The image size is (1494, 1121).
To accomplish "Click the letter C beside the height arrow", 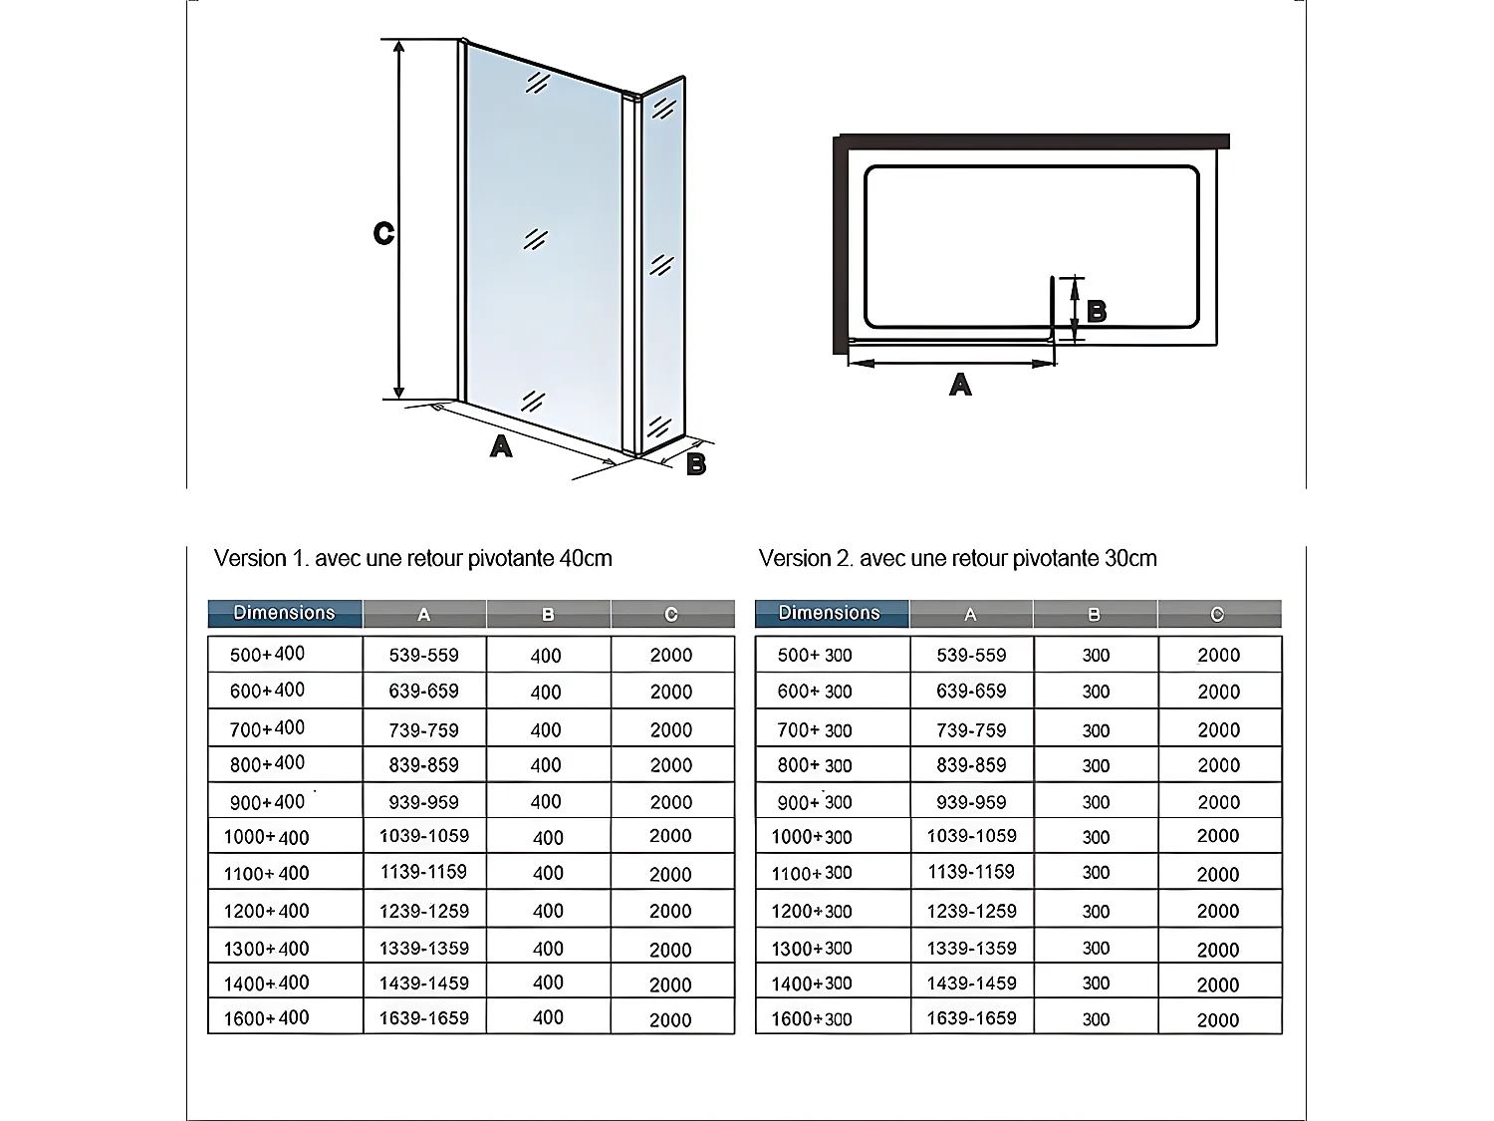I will coord(383,233).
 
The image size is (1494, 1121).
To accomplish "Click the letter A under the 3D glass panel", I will coord(501,445).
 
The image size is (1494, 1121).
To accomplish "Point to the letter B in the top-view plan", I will coord(1097,312).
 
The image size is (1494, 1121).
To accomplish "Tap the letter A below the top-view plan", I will coord(960,385).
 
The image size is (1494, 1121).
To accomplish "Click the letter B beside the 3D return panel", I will coord(696,463).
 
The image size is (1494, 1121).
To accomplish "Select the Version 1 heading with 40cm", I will coord(412,558).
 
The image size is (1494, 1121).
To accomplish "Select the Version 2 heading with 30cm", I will coord(957,558).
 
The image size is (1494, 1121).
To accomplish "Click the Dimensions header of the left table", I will coord(285,613).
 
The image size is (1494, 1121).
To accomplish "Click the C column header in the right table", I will coord(1217,615).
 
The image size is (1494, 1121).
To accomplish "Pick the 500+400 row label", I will coord(267,655).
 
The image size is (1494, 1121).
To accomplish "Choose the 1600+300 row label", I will coord(812,1018).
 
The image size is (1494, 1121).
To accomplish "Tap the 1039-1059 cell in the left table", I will coord(424,836).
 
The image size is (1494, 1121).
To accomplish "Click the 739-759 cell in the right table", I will coord(971,729).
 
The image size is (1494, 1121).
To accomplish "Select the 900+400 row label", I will coord(267,802).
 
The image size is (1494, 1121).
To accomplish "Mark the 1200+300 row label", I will coord(812,911).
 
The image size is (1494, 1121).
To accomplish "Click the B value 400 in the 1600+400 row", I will coord(548,1017).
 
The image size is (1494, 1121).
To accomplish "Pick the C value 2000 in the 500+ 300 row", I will coord(1218,655).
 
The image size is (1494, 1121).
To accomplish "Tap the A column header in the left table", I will coord(424,615).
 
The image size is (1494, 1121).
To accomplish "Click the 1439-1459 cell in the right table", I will coord(971,983).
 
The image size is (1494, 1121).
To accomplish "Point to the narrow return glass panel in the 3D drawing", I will coord(661,269).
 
